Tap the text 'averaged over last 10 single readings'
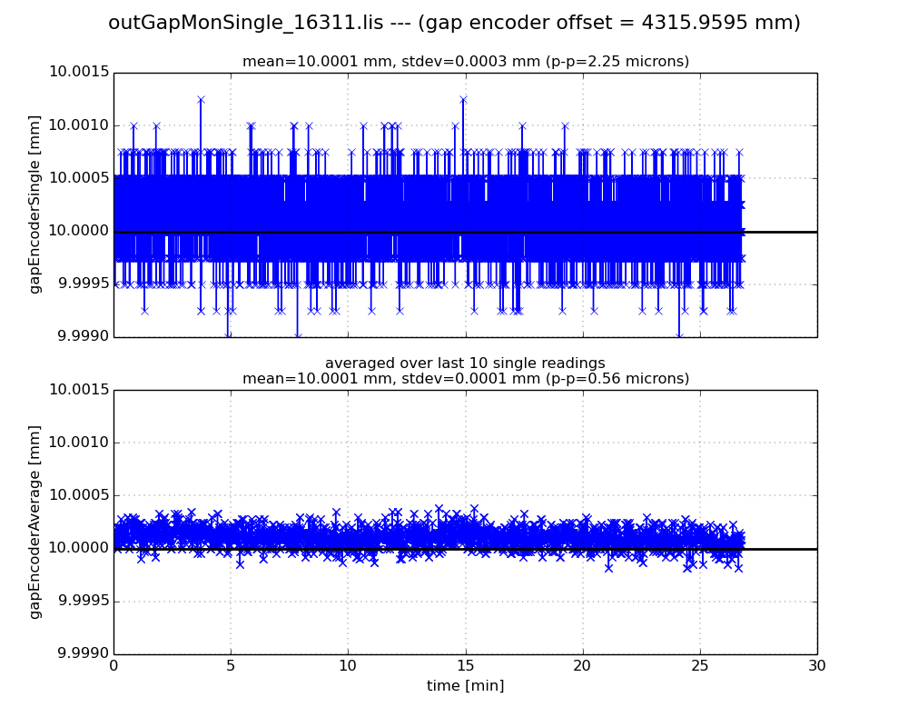tap(465, 363)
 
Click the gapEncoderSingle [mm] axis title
tap(35, 204)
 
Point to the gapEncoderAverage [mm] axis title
tap(35, 522)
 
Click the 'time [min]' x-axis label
tap(465, 686)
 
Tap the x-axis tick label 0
tap(113, 666)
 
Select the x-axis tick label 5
tap(231, 666)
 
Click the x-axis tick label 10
tap(348, 666)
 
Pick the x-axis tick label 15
tap(465, 666)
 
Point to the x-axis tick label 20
tap(582, 666)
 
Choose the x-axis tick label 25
tap(699, 666)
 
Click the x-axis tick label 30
tap(816, 666)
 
